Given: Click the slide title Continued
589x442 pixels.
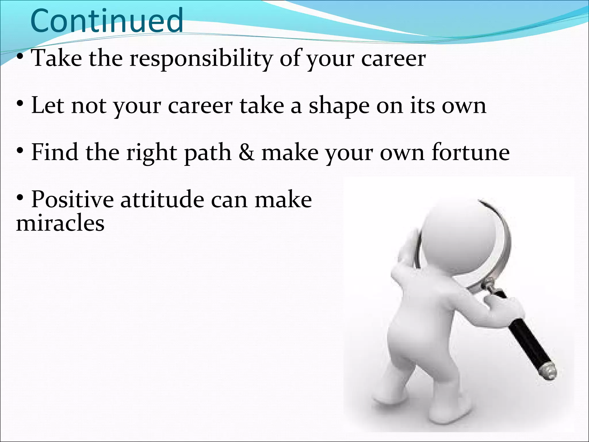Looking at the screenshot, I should point(106,21).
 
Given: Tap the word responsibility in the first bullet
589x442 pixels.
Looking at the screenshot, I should point(201,59).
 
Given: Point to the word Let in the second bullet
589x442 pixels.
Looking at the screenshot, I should point(48,106).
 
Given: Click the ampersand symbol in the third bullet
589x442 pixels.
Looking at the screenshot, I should point(246,153).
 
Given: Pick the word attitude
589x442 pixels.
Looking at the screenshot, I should point(162,199).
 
